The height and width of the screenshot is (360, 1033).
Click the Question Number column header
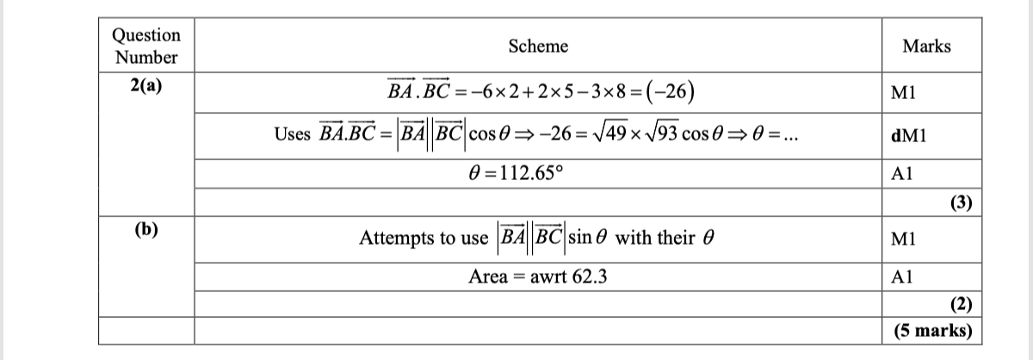point(146,47)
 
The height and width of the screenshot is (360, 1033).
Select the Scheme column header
point(538,47)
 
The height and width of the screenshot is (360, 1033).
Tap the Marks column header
point(926,47)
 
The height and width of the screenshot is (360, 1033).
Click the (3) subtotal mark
point(961,203)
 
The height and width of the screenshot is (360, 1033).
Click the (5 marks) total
point(933,330)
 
